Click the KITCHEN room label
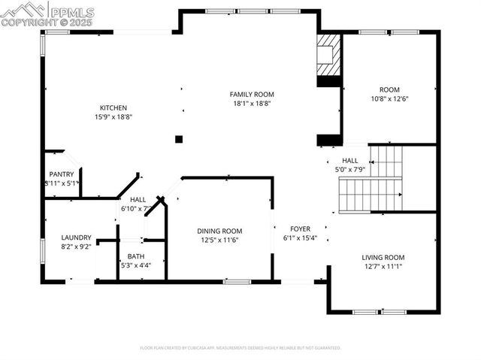(x=110, y=107)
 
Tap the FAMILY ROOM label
(x=252, y=94)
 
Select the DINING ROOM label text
(x=219, y=231)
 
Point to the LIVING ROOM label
(x=383, y=256)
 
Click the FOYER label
(x=300, y=228)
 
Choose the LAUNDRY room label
(x=76, y=237)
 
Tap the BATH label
(x=135, y=256)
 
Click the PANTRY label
(x=62, y=174)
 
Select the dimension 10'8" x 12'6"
(x=389, y=98)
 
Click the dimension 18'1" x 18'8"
(x=252, y=104)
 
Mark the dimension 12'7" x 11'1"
(x=383, y=266)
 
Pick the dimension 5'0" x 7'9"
(x=350, y=170)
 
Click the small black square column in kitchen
(x=179, y=139)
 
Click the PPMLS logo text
(x=71, y=12)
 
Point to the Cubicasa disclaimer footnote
(x=240, y=348)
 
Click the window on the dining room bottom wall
(x=237, y=281)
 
